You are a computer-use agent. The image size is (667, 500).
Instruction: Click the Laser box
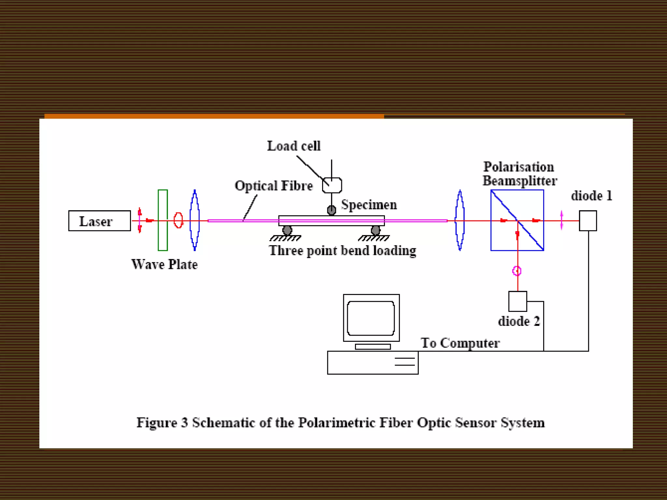click(99, 221)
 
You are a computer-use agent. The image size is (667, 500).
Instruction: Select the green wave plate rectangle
click(163, 220)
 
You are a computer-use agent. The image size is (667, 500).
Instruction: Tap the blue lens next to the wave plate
click(194, 220)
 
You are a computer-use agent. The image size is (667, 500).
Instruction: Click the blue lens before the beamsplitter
click(460, 220)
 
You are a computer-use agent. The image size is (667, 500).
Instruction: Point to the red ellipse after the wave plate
click(178, 220)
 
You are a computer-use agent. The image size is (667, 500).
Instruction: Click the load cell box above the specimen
click(332, 185)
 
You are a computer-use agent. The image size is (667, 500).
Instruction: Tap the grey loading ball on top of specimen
click(332, 210)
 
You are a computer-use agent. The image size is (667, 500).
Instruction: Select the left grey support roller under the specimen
click(287, 230)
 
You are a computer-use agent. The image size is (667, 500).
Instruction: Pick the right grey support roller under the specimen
click(376, 230)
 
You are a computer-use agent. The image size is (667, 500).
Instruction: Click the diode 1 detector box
click(588, 221)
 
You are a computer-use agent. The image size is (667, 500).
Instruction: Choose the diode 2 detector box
click(518, 301)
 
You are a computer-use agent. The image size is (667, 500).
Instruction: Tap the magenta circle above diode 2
click(517, 271)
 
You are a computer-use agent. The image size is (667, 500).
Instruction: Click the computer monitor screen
click(371, 318)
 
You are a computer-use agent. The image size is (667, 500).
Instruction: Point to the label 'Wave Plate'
click(164, 264)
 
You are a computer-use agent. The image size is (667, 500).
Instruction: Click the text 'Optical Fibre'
click(274, 186)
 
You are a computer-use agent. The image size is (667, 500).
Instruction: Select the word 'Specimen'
click(369, 205)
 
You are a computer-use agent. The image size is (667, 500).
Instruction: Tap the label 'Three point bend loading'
click(342, 251)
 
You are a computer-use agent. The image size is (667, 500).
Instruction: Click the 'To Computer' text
click(460, 343)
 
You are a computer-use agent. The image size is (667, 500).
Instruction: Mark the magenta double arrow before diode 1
click(561, 220)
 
